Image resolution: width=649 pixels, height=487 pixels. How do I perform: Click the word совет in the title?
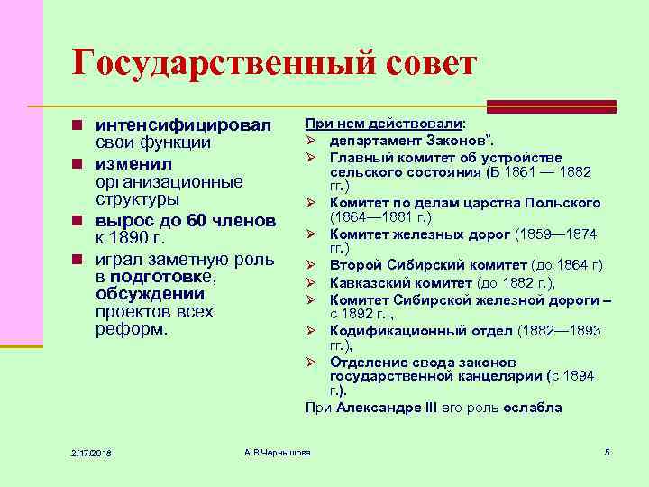417,64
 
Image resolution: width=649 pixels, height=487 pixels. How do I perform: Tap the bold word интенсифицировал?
183,124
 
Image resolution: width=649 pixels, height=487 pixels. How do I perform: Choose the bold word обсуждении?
150,294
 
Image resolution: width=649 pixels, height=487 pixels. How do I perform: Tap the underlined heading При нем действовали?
385,124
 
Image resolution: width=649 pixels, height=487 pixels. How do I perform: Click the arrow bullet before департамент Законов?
311,142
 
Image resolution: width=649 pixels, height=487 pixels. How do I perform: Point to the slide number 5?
608,451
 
